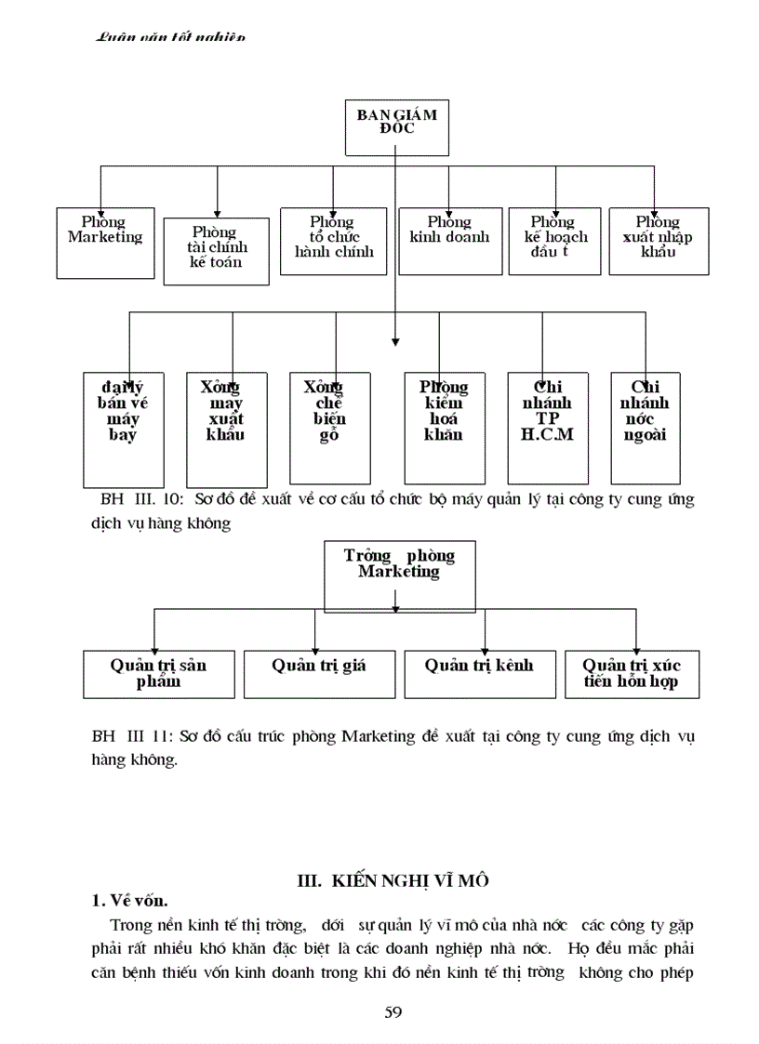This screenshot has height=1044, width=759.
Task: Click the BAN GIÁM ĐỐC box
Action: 396,127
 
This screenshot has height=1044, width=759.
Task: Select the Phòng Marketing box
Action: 105,242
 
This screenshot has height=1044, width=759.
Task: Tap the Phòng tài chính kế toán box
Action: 216,250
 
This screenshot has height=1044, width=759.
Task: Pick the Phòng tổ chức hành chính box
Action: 334,241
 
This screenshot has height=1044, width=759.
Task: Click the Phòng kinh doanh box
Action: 449,241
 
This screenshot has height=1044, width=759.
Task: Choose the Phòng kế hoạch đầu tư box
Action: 554,241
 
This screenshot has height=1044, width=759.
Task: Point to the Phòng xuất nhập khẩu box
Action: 658,241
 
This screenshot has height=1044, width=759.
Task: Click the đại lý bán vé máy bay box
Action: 123,428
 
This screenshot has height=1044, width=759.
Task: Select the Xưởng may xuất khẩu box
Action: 226,428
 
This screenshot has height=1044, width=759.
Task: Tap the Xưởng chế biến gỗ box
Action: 329,428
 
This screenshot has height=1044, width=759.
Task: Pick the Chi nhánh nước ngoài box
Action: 645,428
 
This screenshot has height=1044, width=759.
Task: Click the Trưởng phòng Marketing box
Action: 399,575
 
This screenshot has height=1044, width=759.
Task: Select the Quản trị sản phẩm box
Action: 158,674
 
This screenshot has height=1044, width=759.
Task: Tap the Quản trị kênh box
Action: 479,674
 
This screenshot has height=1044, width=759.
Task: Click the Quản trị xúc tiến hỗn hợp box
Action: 632,674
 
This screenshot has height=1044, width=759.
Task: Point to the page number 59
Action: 393,1012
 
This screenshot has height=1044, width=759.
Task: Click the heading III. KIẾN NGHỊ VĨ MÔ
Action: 392,879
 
